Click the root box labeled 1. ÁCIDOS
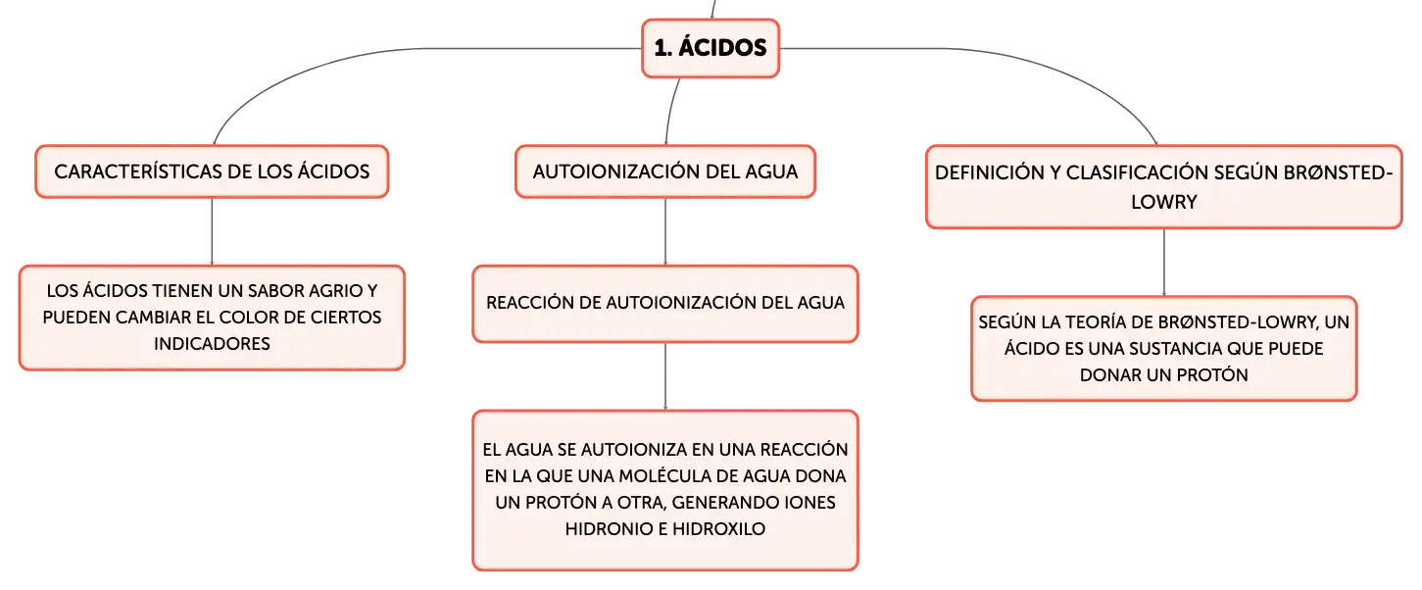click(711, 48)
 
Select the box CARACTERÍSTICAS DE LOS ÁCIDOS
click(212, 172)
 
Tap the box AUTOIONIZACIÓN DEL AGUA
click(665, 172)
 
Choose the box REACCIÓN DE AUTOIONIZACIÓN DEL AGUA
click(665, 304)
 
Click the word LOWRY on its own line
click(1163, 202)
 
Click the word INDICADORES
click(212, 344)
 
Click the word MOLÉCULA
click(662, 476)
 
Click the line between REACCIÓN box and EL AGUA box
click(665, 376)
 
